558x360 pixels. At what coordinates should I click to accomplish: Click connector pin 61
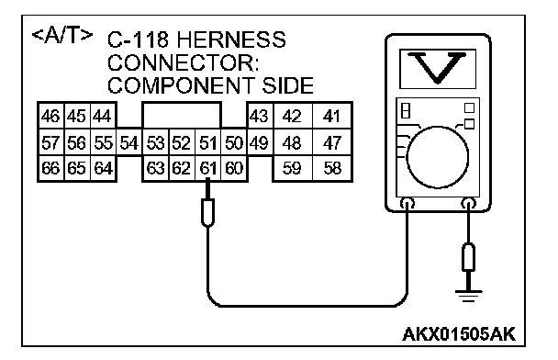coord(207,168)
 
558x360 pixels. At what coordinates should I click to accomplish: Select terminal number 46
coord(50,116)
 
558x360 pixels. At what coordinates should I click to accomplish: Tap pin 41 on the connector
coord(332,116)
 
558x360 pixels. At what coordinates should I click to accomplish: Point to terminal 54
coord(128,142)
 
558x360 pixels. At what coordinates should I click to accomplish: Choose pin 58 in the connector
coord(332,168)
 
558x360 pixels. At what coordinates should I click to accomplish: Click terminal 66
coord(50,168)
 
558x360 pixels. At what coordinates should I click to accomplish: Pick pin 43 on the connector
coord(259,116)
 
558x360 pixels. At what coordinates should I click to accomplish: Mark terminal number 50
coord(234,142)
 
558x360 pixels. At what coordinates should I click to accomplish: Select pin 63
coord(155,168)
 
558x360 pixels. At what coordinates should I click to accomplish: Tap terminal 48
coord(292,142)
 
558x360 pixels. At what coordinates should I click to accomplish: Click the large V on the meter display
coord(437,68)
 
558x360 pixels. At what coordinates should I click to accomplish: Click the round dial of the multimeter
coord(438,157)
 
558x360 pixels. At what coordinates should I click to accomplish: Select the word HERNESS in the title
coord(231,39)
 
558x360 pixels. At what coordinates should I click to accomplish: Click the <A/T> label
coord(62,35)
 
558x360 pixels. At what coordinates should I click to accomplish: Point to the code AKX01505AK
coord(459,334)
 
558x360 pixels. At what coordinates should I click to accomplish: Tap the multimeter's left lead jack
coord(407,203)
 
